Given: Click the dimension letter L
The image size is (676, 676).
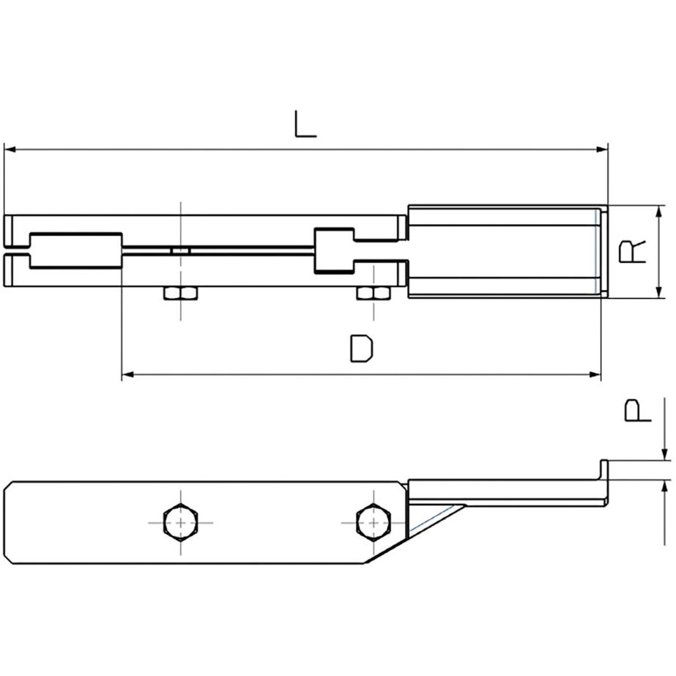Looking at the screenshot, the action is pyautogui.click(x=305, y=125).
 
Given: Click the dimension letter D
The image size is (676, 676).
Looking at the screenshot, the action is pyautogui.click(x=362, y=349).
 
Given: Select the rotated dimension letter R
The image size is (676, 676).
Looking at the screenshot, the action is pyautogui.click(x=633, y=252).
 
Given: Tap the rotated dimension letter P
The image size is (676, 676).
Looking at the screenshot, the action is pyautogui.click(x=638, y=410).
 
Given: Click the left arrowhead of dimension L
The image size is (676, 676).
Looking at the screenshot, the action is pyautogui.click(x=10, y=149).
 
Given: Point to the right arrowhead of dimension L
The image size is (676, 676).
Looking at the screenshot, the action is pyautogui.click(x=602, y=149).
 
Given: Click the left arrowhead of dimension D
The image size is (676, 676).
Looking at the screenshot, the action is pyautogui.click(x=127, y=375).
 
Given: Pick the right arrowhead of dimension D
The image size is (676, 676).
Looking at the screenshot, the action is pyautogui.click(x=595, y=375).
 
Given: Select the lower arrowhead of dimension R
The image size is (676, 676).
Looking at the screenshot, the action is pyautogui.click(x=658, y=292).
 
